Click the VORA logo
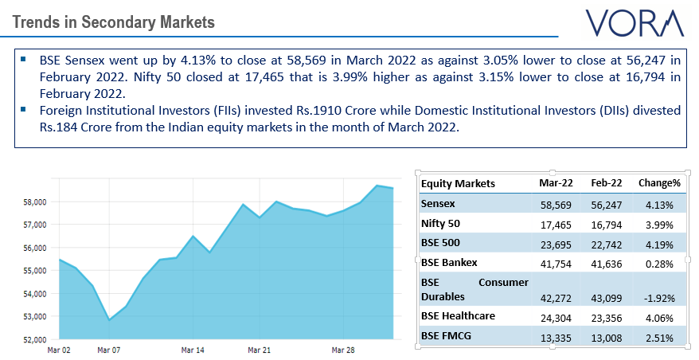click(x=635, y=22)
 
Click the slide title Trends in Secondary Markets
click(x=113, y=22)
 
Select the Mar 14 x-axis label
click(x=193, y=350)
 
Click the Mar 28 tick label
click(x=343, y=350)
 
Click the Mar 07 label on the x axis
click(x=108, y=350)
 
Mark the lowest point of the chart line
click(x=109, y=320)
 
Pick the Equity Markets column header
click(x=458, y=183)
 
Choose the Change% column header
click(x=659, y=183)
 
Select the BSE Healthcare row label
click(x=458, y=315)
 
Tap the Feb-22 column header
click(x=607, y=183)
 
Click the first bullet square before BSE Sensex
click(x=24, y=60)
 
